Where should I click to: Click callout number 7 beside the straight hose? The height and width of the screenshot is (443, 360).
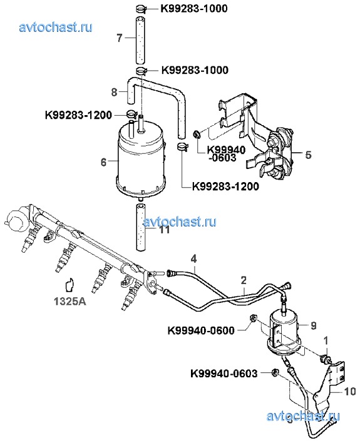point(120,38)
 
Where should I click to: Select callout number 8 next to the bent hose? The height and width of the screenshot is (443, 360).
point(114,92)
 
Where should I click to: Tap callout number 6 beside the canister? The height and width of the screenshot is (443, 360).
point(103,162)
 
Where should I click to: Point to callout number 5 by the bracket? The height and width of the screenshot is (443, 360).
point(308,155)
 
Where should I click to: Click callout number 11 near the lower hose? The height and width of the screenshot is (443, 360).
point(165,230)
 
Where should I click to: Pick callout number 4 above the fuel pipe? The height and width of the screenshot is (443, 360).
point(193,259)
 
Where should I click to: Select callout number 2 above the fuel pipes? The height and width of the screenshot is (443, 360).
point(244,280)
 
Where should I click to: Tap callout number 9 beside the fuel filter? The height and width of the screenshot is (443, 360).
point(313,326)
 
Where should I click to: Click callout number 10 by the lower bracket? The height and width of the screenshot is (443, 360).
point(350,391)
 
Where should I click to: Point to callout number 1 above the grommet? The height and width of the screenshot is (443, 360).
point(326,341)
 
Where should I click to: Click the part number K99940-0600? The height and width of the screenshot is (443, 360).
point(201,330)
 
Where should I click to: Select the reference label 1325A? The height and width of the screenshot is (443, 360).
point(70,302)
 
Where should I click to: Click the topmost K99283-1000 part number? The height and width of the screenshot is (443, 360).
point(194,9)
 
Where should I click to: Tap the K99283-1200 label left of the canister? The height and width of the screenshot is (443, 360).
point(78,115)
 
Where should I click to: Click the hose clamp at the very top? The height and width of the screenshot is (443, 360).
point(141,9)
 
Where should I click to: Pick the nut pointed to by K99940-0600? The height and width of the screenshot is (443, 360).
point(253,318)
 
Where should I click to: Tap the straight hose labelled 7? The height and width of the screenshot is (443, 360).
point(140,40)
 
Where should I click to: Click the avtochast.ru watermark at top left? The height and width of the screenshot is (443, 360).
point(56,27)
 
